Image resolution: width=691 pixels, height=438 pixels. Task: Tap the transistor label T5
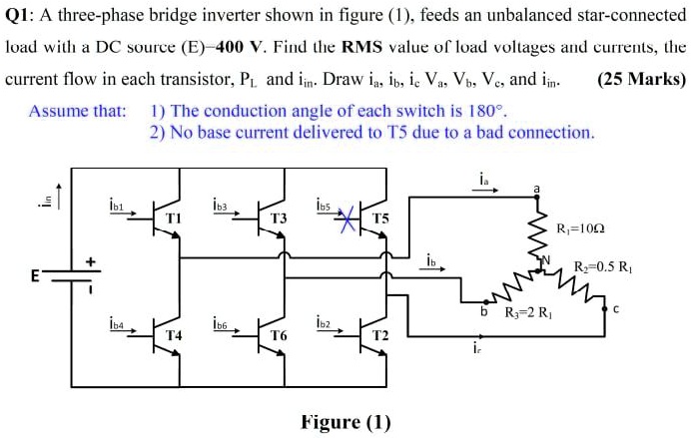[x=381, y=217]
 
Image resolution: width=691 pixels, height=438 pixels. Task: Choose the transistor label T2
[x=381, y=336]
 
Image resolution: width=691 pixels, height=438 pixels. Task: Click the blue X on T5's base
[x=347, y=217]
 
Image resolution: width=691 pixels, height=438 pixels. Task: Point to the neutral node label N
[x=546, y=260]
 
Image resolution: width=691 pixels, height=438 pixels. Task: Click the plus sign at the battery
[x=89, y=261]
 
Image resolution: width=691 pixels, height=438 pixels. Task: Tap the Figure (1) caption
[x=345, y=421]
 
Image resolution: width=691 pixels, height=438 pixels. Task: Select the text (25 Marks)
[x=641, y=78]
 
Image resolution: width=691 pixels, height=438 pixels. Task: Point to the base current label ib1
[x=116, y=205]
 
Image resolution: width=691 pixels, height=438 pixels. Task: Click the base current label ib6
[x=222, y=323]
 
